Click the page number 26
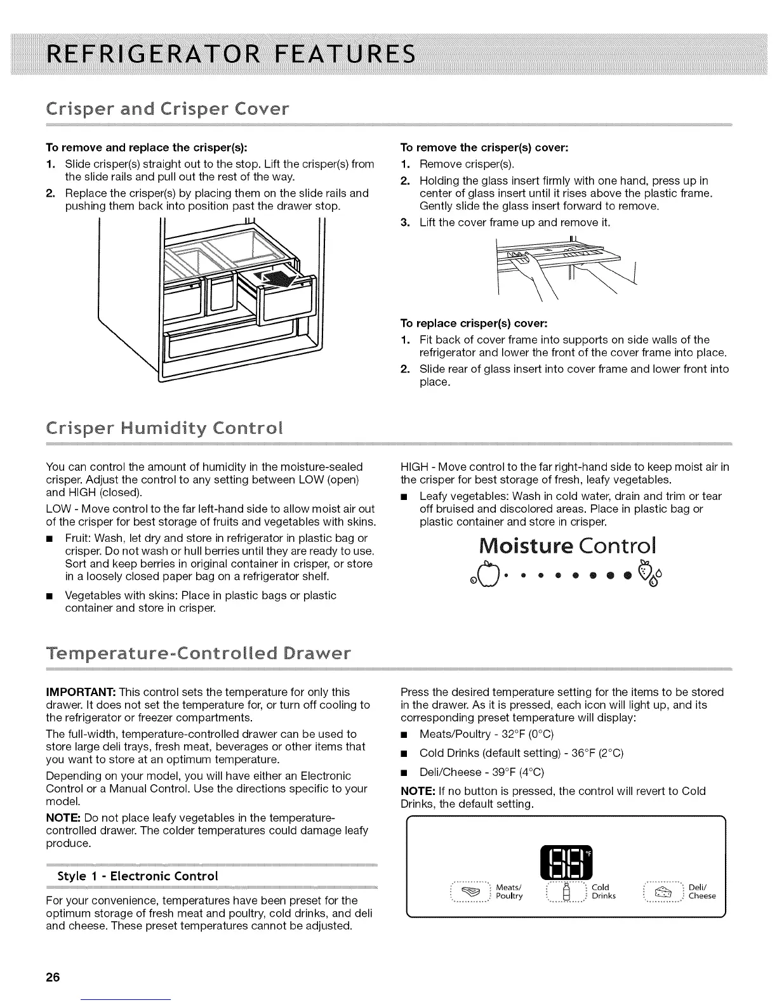tap(53, 976)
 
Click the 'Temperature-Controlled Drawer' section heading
tap(197, 653)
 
